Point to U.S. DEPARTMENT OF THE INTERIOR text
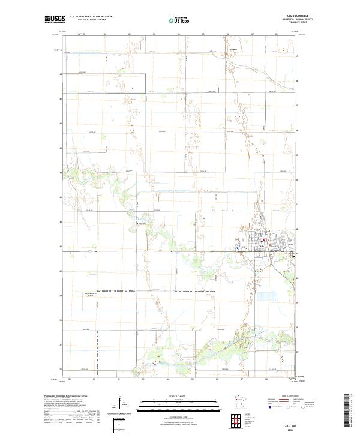click(x=91, y=17)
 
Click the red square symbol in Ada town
click(x=262, y=242)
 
